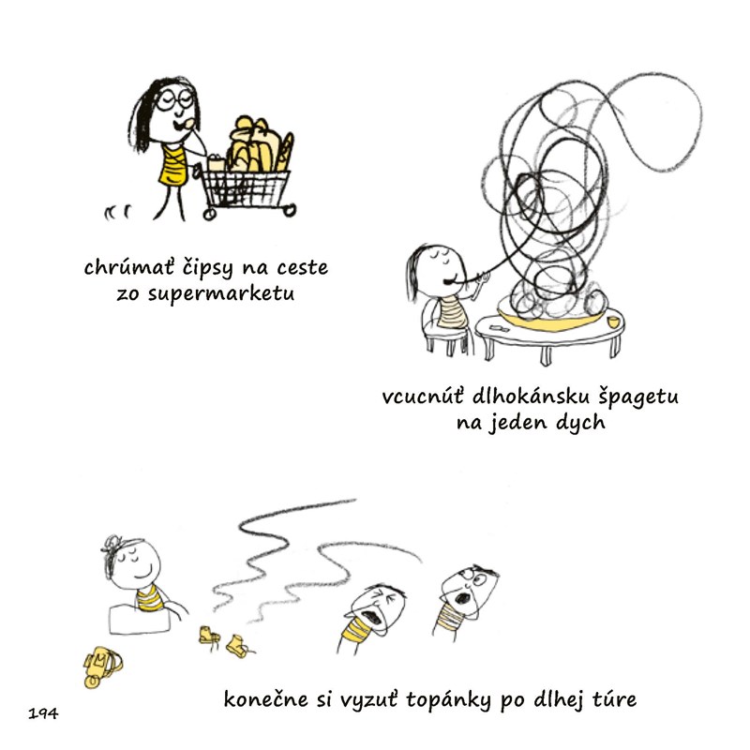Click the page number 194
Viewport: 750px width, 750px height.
[x=43, y=713]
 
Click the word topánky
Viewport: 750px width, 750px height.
[x=448, y=700]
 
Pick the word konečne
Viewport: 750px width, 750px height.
[x=266, y=699]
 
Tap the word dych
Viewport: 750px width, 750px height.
[x=580, y=423]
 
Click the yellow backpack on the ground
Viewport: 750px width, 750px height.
[x=102, y=667]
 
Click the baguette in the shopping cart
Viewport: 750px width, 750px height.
[x=285, y=152]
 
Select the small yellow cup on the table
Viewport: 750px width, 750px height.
[x=614, y=322]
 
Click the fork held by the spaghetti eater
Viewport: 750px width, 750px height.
[x=484, y=277]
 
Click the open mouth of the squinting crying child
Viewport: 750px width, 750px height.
[x=372, y=619]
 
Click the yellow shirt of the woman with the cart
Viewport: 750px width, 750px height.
[x=173, y=166]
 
